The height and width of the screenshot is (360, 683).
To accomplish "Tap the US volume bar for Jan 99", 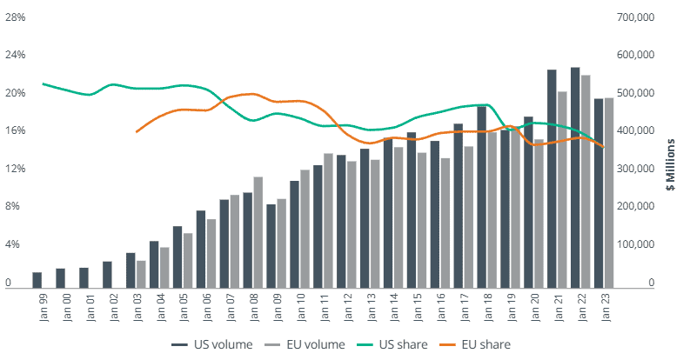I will [37, 279].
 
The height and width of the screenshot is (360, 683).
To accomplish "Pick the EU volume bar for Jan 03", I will [141, 273].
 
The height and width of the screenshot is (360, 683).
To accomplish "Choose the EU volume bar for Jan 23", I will [608, 192].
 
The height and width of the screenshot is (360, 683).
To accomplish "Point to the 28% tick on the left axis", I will [15, 17].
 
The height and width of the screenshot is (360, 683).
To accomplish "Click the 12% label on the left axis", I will [15, 169].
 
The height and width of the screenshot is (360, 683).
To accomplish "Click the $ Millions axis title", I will [671, 164].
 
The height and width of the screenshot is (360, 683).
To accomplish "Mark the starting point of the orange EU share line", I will [137, 131].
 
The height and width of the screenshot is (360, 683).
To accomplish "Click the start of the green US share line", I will [42, 83].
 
